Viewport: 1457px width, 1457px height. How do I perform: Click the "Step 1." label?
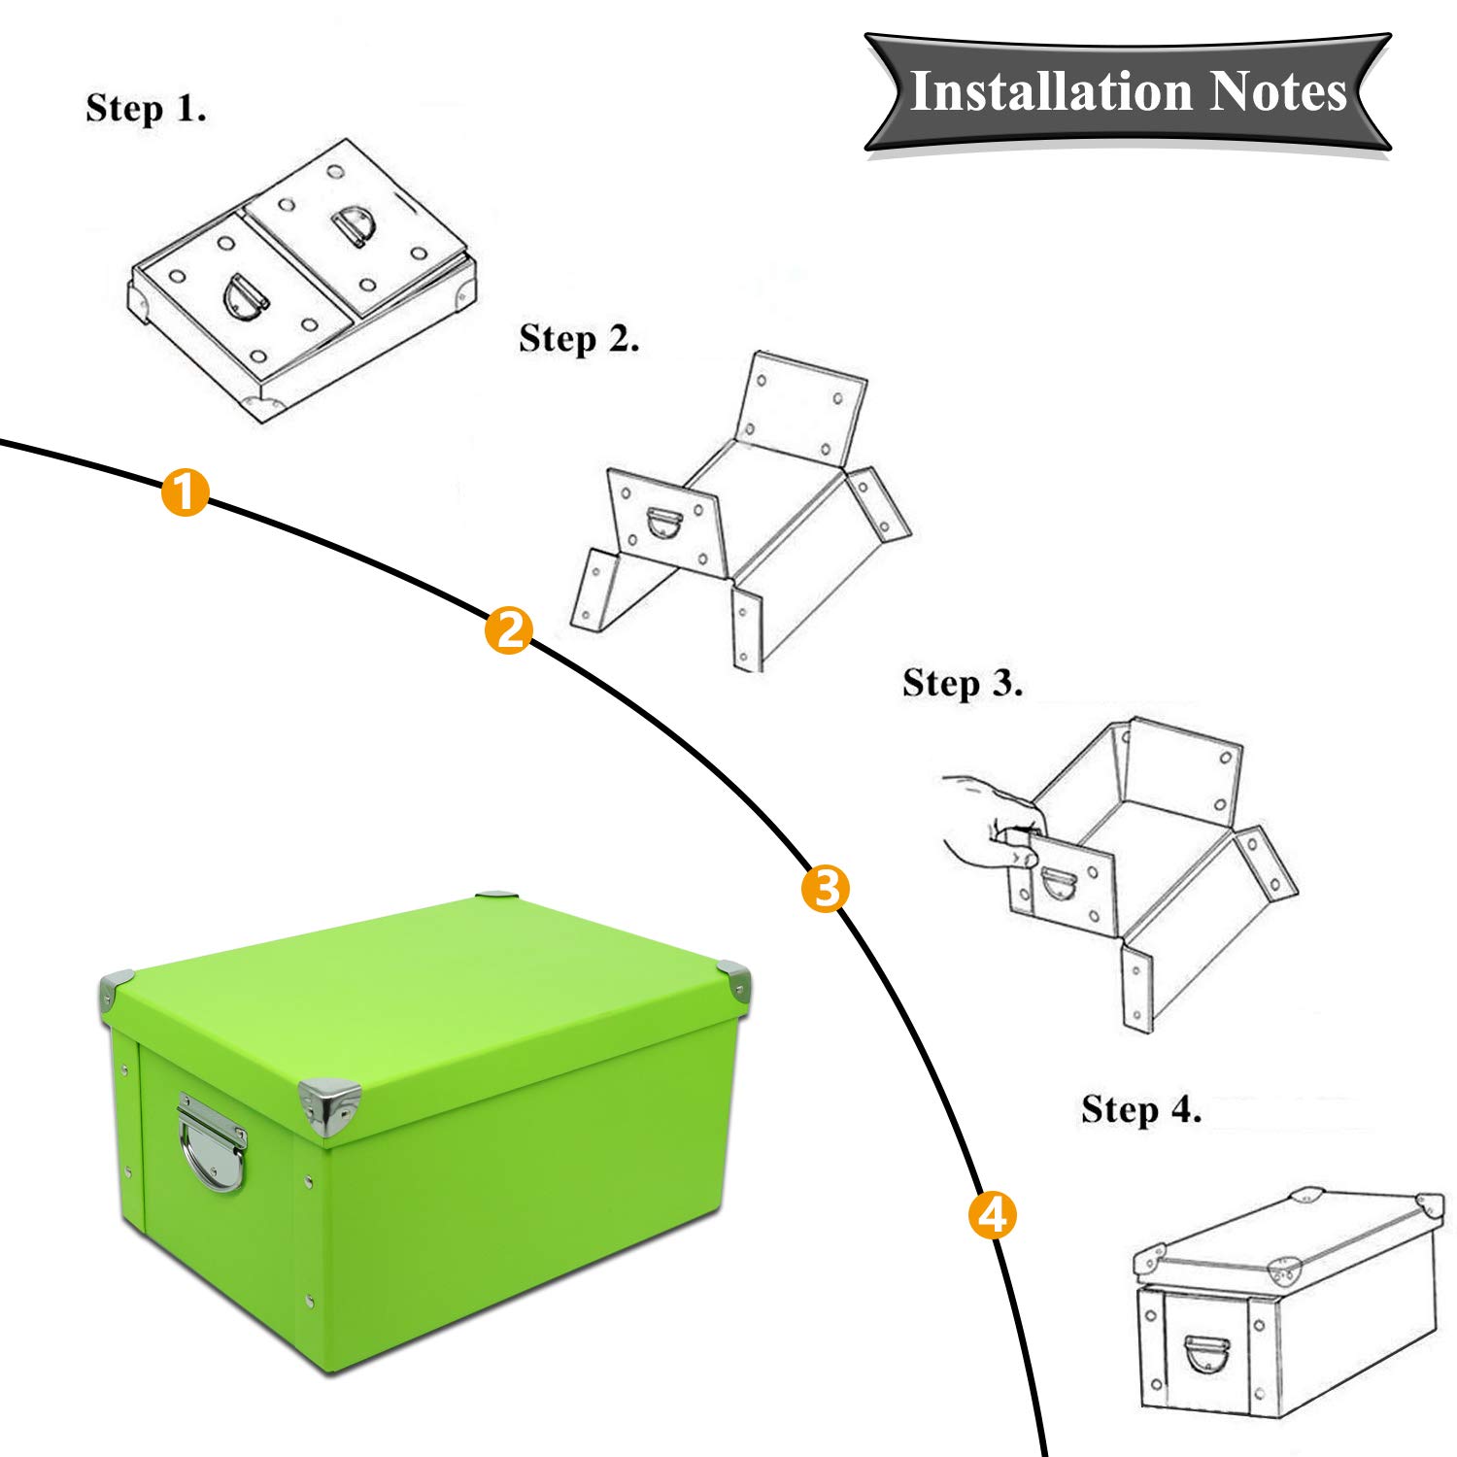click(x=146, y=108)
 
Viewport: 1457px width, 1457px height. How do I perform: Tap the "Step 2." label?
click(x=579, y=339)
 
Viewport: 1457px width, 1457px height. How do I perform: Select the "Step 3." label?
click(x=962, y=683)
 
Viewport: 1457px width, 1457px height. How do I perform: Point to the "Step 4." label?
click(x=1141, y=1109)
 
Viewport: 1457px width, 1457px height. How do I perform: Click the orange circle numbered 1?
click(x=185, y=491)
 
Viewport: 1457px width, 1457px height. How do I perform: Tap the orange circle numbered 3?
click(x=825, y=888)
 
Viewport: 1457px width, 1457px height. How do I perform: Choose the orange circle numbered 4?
click(x=992, y=1214)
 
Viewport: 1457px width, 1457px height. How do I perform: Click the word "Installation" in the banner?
click(x=1051, y=92)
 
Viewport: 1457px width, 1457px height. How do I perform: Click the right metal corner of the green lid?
click(x=735, y=981)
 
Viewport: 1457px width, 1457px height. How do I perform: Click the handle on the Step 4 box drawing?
click(x=1206, y=1353)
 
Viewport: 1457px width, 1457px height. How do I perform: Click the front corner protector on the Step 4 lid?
click(x=1284, y=1268)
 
